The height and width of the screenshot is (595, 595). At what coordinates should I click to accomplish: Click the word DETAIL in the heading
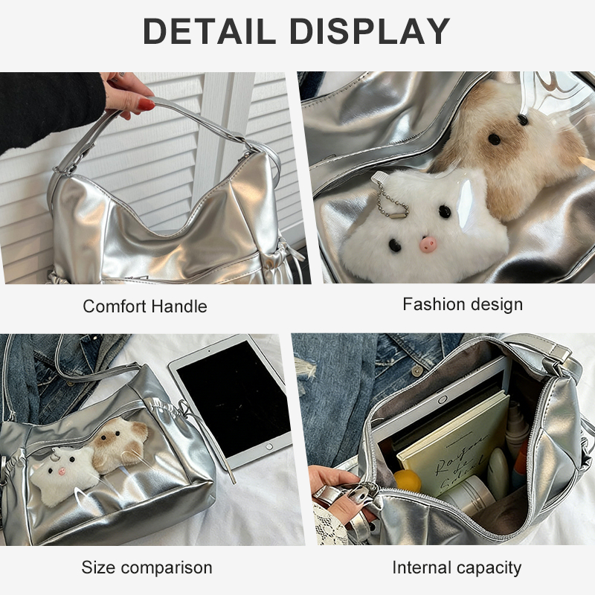coord(209,30)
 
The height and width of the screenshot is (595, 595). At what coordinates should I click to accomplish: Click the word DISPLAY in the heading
coord(370,30)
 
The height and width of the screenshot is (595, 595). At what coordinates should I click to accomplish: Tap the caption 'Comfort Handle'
coord(145,306)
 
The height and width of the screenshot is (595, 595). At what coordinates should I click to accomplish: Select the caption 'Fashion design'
coord(463,304)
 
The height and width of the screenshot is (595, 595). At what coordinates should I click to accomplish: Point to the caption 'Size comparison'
coord(147,567)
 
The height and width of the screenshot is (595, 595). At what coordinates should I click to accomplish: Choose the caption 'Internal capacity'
coord(457,567)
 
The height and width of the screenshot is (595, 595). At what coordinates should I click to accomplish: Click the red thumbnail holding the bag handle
coord(146,104)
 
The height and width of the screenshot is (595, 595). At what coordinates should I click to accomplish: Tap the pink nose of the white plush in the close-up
coord(428,244)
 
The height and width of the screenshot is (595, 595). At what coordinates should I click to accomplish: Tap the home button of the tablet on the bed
coord(269,446)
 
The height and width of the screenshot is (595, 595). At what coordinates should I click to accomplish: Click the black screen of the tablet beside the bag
coord(234,399)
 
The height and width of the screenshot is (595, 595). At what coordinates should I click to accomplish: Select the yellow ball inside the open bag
coord(407,480)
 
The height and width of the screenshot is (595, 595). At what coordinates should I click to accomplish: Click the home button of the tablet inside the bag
coord(442,399)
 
